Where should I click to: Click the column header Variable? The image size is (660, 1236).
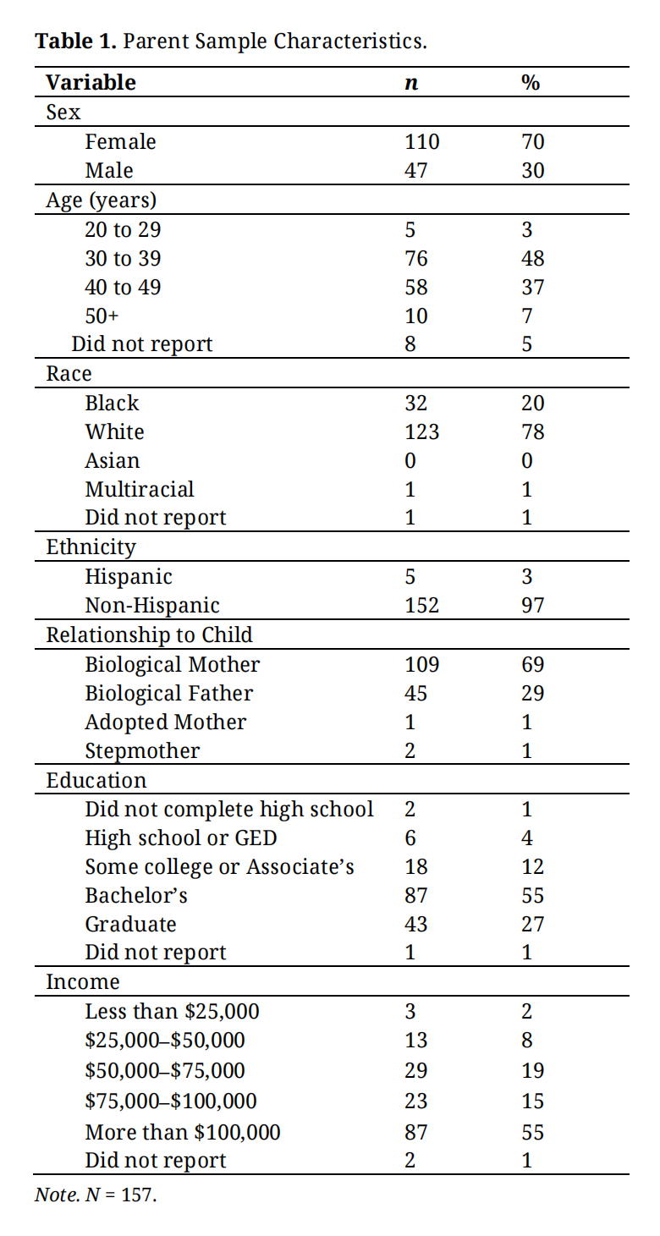click(x=91, y=82)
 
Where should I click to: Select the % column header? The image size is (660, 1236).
click(x=531, y=82)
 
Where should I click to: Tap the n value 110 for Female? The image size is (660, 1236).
click(x=422, y=141)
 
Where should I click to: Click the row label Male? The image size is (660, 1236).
click(x=109, y=170)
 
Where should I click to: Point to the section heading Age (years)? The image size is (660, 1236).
click(x=101, y=200)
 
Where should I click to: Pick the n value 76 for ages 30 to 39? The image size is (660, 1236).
click(x=416, y=258)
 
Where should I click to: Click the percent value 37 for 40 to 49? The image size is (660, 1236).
click(x=532, y=287)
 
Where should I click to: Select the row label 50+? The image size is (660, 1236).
click(x=102, y=316)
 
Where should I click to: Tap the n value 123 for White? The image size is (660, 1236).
click(x=422, y=431)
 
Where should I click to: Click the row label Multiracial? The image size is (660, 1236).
click(x=140, y=489)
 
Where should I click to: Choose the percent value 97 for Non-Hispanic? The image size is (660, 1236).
click(x=532, y=605)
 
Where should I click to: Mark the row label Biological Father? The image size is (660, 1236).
click(x=168, y=693)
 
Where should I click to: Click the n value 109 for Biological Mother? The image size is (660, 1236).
click(x=422, y=664)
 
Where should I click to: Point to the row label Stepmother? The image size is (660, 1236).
click(x=142, y=750)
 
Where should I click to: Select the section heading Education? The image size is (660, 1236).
click(x=96, y=780)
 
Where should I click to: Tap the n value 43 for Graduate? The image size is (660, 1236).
click(x=416, y=924)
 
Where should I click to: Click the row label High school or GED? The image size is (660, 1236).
click(x=181, y=838)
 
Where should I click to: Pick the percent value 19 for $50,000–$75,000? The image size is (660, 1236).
click(x=532, y=1070)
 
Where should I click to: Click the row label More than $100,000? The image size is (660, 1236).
click(x=183, y=1132)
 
